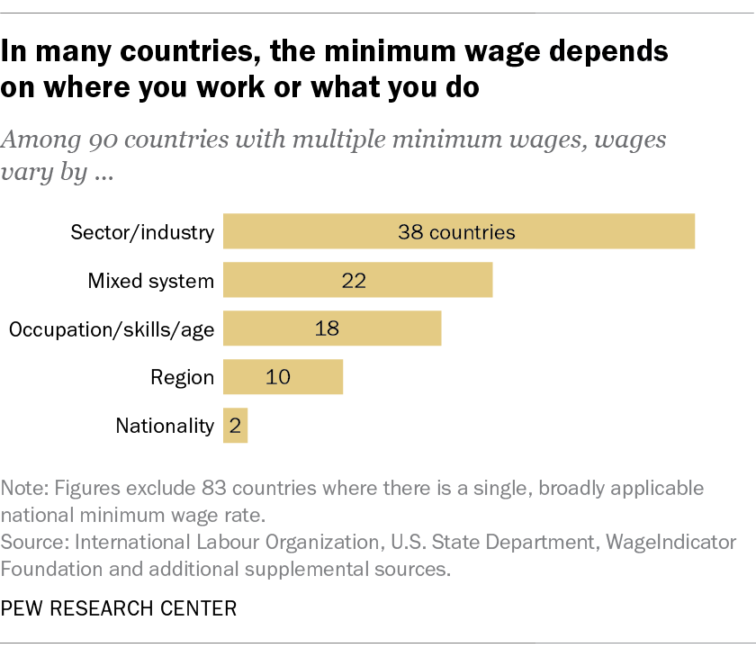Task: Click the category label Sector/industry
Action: [142, 232]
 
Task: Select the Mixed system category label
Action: [150, 281]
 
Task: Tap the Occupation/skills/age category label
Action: [112, 329]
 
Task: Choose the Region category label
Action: [182, 378]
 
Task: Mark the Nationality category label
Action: [165, 426]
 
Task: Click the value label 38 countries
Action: [456, 232]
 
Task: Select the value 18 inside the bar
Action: [327, 329]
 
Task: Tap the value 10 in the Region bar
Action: [278, 378]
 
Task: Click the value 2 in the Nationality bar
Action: [236, 426]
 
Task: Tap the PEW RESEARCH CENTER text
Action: [119, 608]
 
